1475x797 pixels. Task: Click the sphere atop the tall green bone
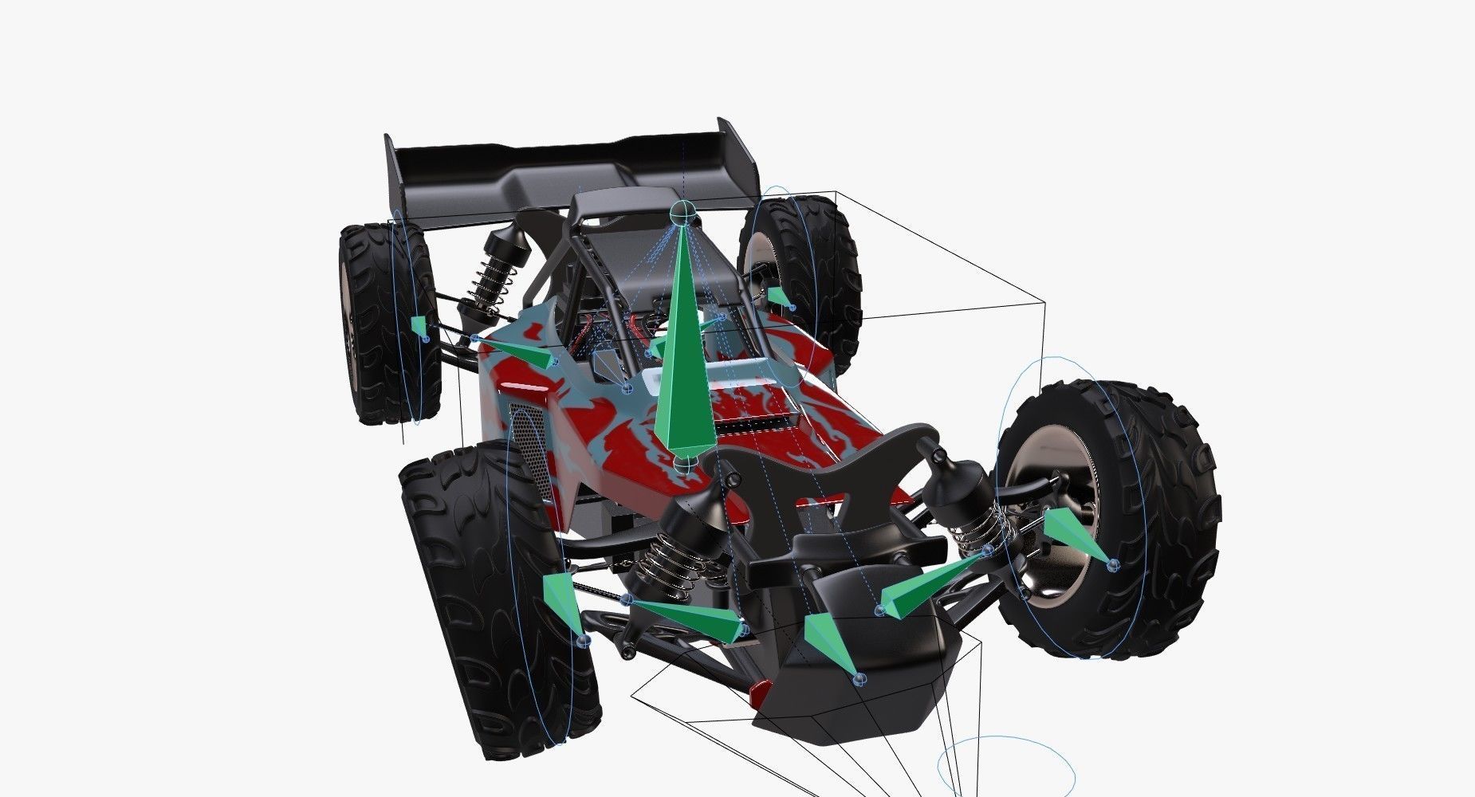[x=682, y=212]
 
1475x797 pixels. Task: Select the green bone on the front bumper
[x=825, y=642]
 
